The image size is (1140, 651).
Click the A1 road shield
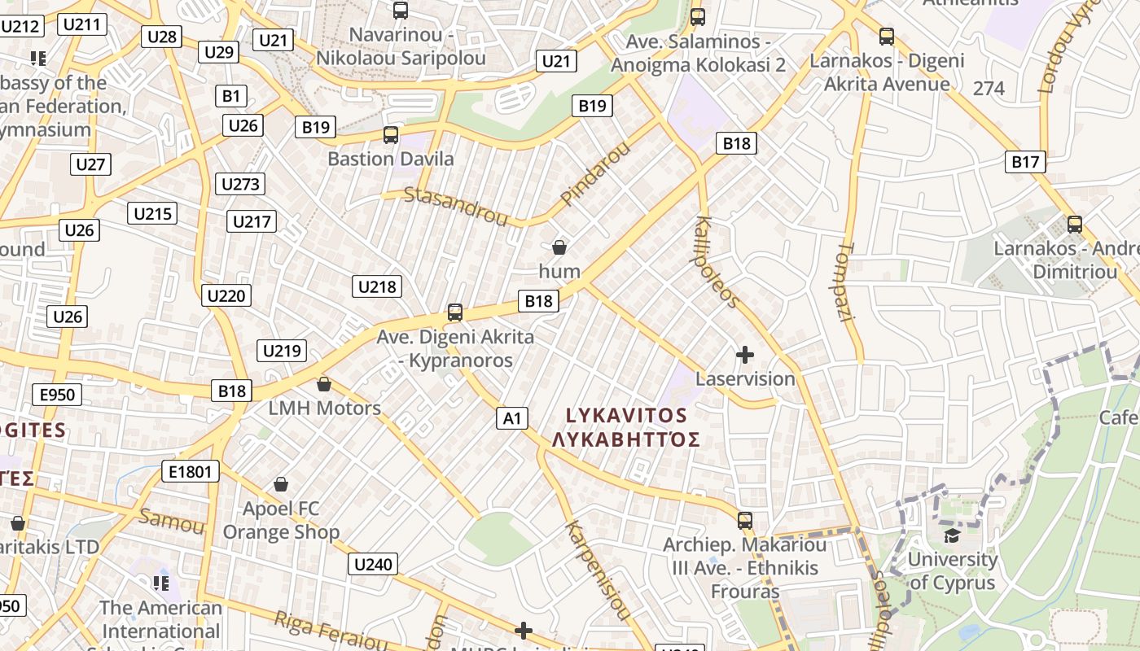point(511,418)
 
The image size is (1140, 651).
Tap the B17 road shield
point(1025,162)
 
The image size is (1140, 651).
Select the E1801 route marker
point(191,471)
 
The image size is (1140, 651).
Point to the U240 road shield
point(373,564)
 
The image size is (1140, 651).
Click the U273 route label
point(240,184)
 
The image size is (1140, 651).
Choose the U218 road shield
point(377,286)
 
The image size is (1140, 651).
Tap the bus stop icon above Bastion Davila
point(391,135)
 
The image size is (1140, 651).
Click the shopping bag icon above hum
point(559,247)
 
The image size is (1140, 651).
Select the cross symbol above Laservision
point(744,355)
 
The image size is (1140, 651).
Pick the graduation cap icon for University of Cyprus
point(951,535)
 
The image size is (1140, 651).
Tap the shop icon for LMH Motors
point(324,384)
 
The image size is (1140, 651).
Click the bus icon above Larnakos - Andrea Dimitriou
point(1075,225)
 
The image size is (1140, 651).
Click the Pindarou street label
point(596,173)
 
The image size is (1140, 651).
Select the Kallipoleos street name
point(717,262)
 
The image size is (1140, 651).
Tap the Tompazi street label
point(846,282)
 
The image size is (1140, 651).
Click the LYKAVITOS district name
point(626,415)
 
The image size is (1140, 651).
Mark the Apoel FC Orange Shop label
point(281,520)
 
